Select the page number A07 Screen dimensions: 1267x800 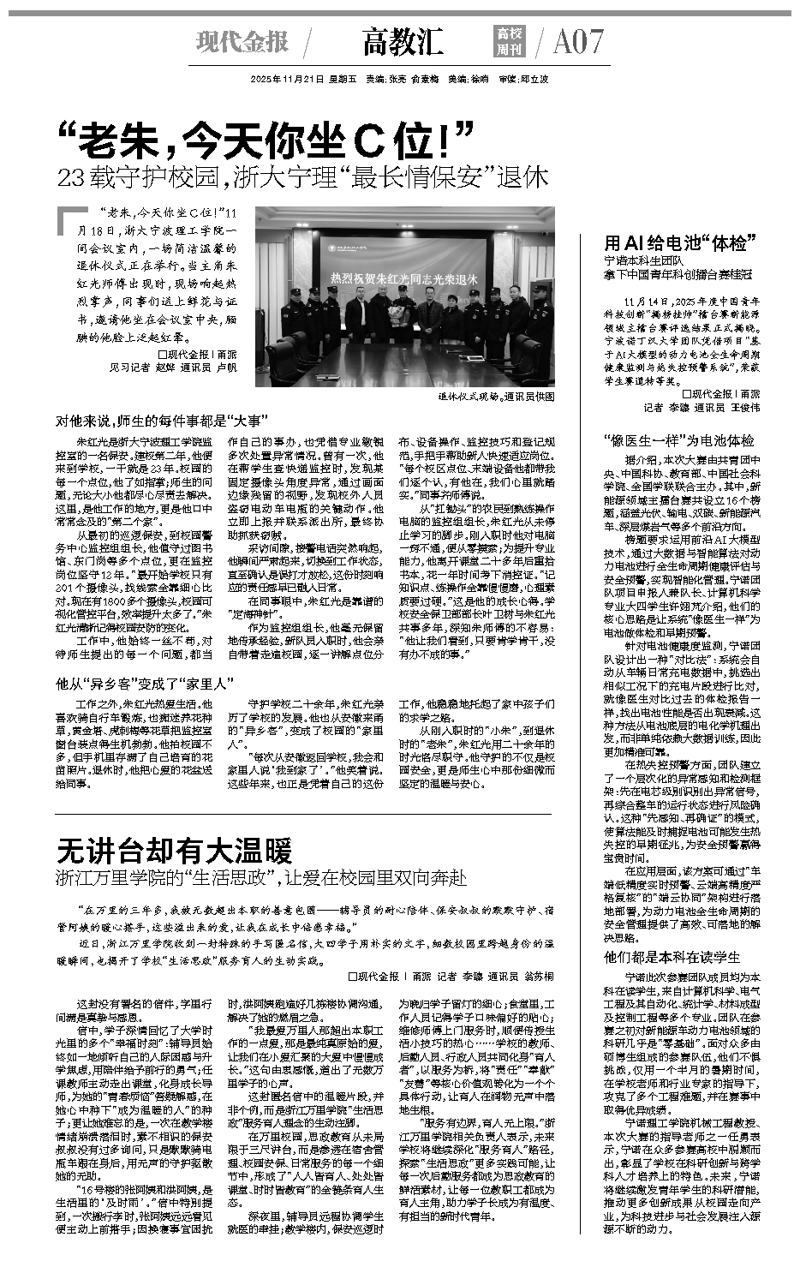tap(578, 41)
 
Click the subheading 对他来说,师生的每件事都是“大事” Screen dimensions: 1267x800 tap(163, 422)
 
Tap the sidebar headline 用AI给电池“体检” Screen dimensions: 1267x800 tap(676, 242)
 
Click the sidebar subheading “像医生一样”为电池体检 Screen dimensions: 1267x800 tap(679, 440)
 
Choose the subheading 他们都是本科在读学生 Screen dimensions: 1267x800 tap(672, 957)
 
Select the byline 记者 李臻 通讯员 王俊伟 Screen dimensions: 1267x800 tap(701, 407)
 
